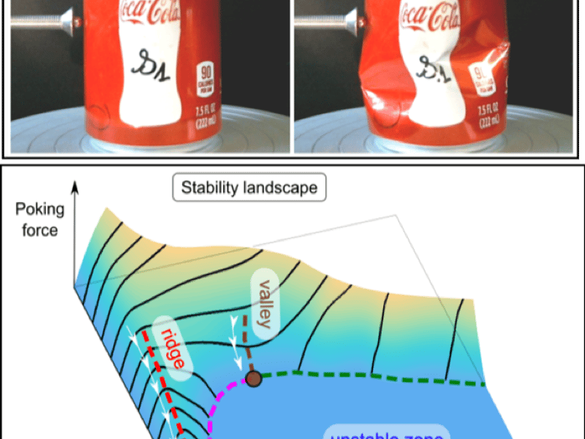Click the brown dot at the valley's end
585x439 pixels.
point(254,378)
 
